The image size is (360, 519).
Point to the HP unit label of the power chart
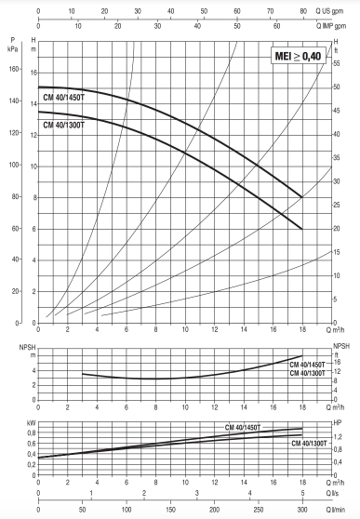tap(338, 421)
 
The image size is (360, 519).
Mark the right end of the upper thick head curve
tap(302, 197)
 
